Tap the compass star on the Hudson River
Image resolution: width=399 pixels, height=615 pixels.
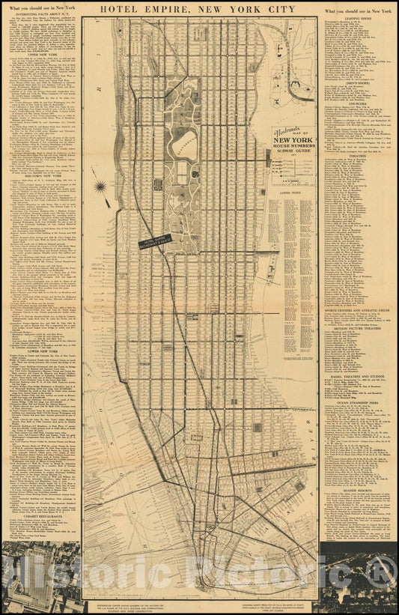tap(100, 185)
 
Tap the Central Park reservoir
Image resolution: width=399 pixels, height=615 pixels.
tap(186, 140)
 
